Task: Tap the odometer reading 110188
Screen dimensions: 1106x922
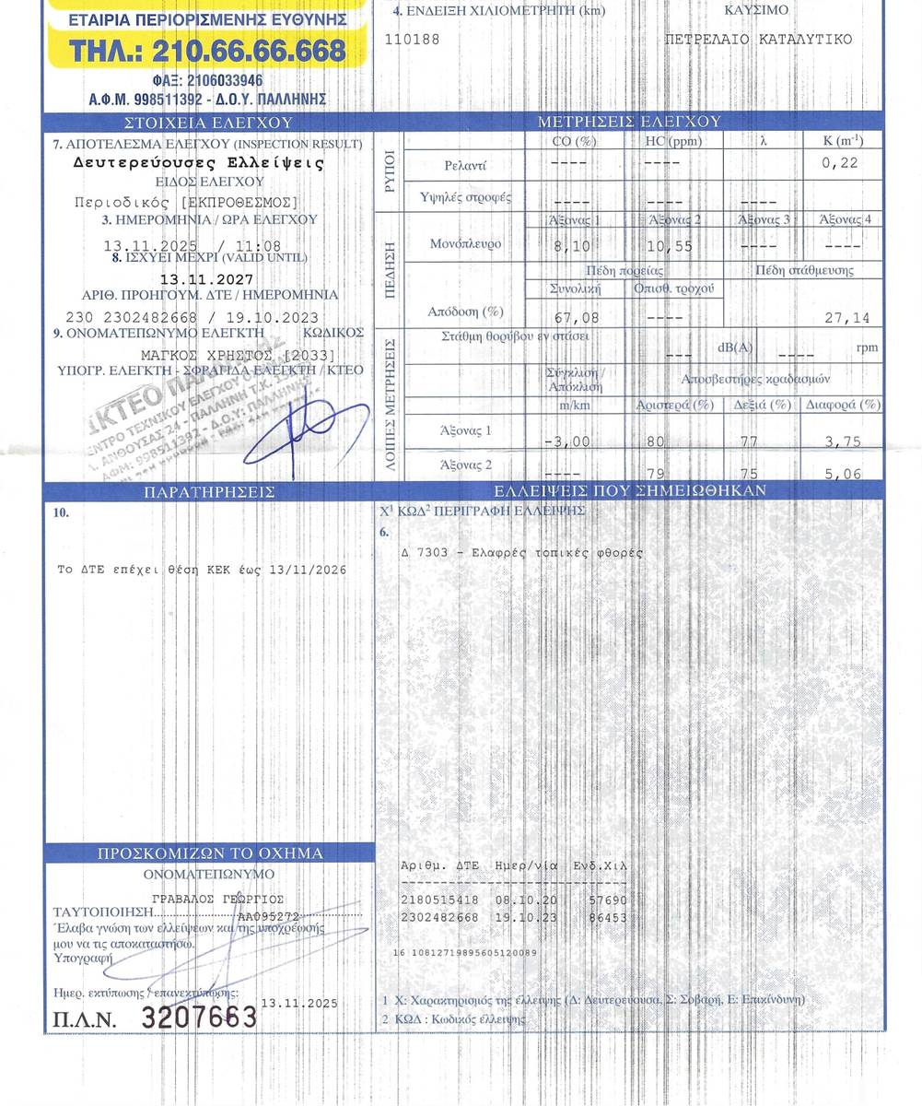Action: pos(412,40)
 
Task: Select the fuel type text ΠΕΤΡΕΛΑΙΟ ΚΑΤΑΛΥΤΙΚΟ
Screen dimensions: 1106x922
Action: pos(758,40)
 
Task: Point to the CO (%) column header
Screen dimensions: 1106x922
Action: pos(574,141)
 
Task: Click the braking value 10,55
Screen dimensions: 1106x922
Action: pos(670,246)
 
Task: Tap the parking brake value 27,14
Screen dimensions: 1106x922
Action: pos(846,318)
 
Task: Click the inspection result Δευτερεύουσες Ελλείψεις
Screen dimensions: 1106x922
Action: pos(199,162)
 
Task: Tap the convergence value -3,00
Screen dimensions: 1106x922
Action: pos(566,441)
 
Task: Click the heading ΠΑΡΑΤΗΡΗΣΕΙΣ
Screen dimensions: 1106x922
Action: pos(209,492)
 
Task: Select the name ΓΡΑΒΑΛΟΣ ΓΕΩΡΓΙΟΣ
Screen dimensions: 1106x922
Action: pos(218,899)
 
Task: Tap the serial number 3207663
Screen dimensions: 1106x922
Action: pos(198,1018)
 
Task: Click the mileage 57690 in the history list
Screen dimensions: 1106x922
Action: pos(608,900)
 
